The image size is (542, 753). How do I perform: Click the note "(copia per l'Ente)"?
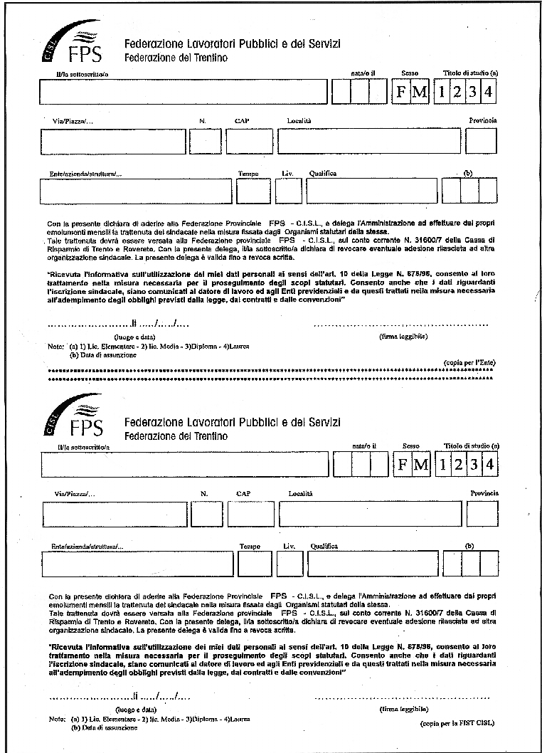pyautogui.click(x=469, y=362)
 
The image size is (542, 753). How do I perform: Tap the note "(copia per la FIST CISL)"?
pyautogui.click(x=457, y=722)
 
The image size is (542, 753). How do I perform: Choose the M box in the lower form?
pyautogui.click(x=421, y=465)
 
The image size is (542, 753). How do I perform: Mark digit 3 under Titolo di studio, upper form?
pyautogui.click(x=472, y=93)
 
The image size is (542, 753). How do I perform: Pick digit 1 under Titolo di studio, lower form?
pyautogui.click(x=442, y=465)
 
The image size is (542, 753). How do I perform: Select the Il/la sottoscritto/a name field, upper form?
pyautogui.click(x=183, y=93)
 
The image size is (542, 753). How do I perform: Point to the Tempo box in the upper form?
pyautogui.click(x=253, y=191)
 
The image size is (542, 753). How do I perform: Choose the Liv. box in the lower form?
pyautogui.click(x=290, y=564)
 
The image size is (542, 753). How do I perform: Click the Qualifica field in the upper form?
pyautogui.click(x=371, y=191)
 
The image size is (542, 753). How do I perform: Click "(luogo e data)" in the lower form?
pyautogui.click(x=136, y=710)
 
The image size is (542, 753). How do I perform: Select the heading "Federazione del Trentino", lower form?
pyautogui.click(x=176, y=436)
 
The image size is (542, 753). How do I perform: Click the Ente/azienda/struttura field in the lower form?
pyautogui.click(x=137, y=564)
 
